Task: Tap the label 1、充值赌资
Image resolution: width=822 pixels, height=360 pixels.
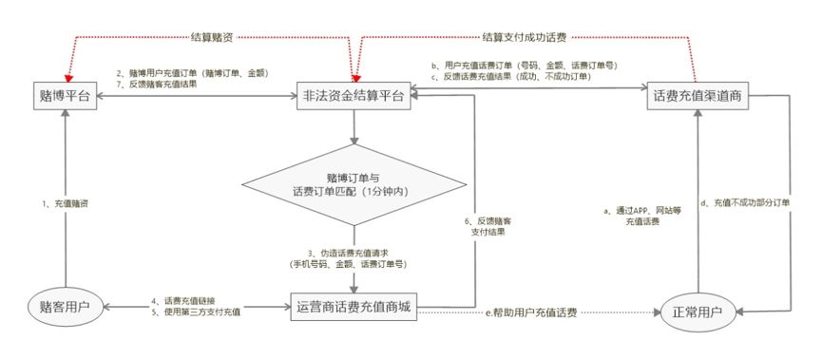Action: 70,204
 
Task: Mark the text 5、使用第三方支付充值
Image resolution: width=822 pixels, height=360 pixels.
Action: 195,315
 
